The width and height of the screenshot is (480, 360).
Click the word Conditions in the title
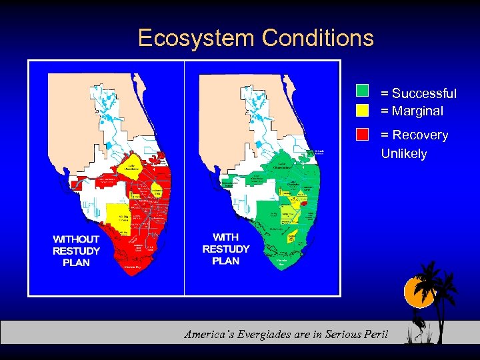(x=318, y=38)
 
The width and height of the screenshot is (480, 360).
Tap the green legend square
(x=362, y=91)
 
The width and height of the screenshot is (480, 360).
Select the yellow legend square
(x=362, y=109)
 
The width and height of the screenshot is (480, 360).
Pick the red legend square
(x=362, y=133)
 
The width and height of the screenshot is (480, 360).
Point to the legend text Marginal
(x=417, y=111)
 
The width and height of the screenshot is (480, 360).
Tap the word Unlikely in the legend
(x=404, y=153)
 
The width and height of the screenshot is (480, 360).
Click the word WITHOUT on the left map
(x=76, y=239)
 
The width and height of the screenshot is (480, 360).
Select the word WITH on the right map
(x=225, y=237)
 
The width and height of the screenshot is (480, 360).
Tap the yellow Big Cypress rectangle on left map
(x=118, y=217)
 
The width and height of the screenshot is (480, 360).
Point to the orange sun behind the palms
(x=419, y=293)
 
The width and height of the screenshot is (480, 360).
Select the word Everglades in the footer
(x=267, y=334)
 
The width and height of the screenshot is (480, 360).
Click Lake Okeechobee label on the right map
(x=282, y=165)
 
